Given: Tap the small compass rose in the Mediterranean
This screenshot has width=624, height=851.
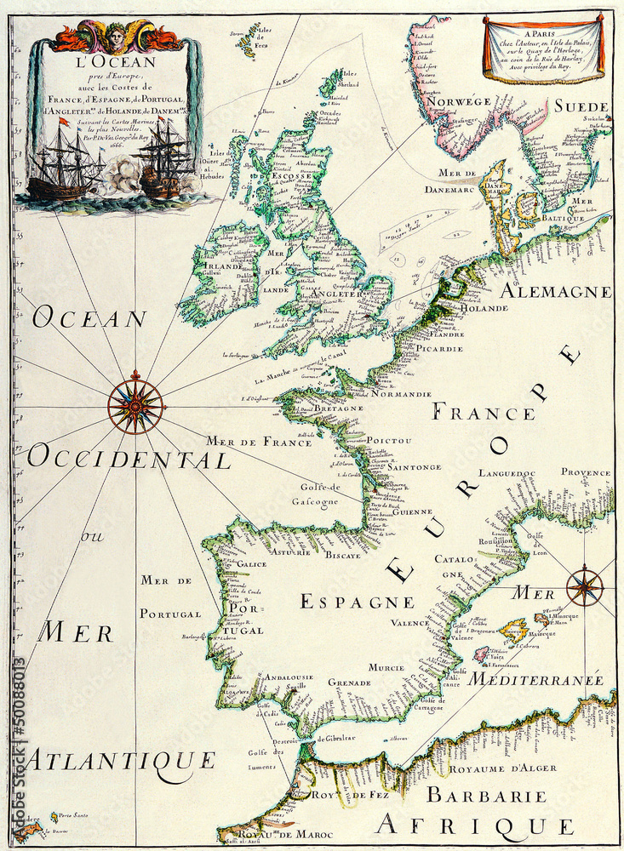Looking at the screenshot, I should [x=585, y=585].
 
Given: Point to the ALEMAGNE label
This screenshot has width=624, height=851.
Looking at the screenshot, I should [x=555, y=291].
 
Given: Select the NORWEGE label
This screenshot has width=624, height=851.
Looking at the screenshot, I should [x=459, y=101].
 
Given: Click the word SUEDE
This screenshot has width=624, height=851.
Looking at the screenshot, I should [x=581, y=106].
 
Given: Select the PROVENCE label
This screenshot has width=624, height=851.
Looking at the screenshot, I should [x=585, y=471].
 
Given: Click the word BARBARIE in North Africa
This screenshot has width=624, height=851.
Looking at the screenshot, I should [x=486, y=796].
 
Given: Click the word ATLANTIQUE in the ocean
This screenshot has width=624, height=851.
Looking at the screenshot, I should [x=118, y=759].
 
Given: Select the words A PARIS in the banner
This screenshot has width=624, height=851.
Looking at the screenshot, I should [x=542, y=31].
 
